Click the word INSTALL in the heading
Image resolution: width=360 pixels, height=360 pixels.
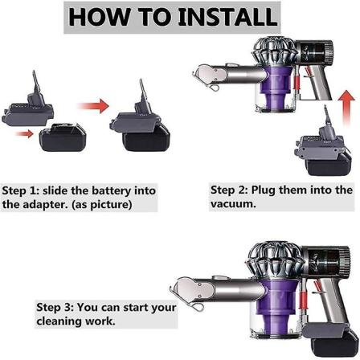click(227, 17)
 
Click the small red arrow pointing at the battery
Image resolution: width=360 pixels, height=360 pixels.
click(25, 133)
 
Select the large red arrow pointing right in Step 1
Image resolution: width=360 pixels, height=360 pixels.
click(93, 106)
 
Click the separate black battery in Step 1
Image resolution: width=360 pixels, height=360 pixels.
click(63, 137)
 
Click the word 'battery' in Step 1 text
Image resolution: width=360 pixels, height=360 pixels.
click(112, 190)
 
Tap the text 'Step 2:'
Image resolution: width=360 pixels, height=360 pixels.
click(229, 190)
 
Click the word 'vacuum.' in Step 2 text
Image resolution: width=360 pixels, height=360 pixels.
click(233, 204)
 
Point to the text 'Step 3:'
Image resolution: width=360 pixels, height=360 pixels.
click(55, 307)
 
